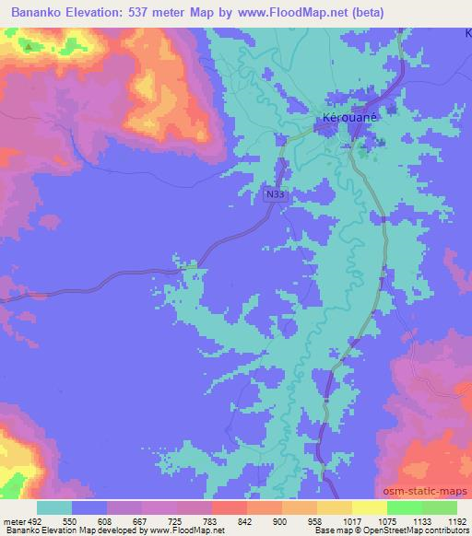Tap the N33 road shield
pyautogui.click(x=274, y=194)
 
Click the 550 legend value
pyautogui.click(x=69, y=521)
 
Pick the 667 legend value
pyautogui.click(x=139, y=521)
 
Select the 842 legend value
pyautogui.click(x=244, y=521)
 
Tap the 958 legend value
pyautogui.click(x=314, y=521)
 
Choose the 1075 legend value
pyautogui.click(x=384, y=521)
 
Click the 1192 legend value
pyautogui.click(x=454, y=521)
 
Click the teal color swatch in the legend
pyautogui.click(x=53, y=507)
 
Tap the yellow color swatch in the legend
pyautogui.click(x=369, y=507)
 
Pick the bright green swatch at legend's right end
pyautogui.click(x=439, y=507)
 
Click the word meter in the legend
pyautogui.click(x=14, y=521)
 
